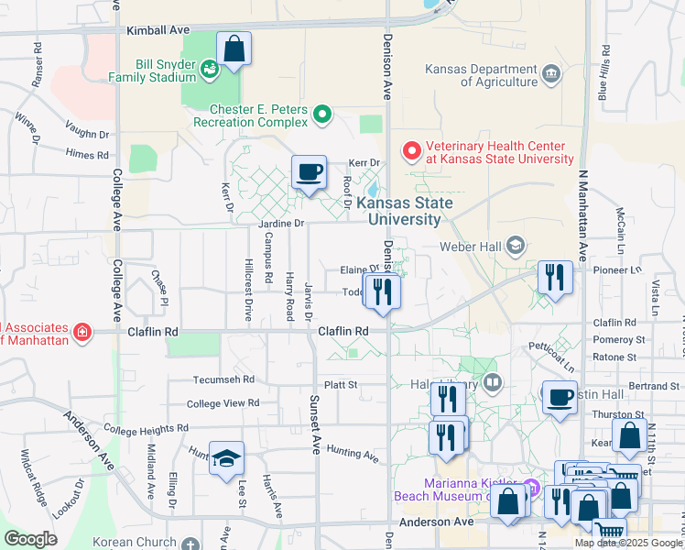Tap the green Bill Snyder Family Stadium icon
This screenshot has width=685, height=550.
[x=210, y=68]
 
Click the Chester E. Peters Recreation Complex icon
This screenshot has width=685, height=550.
[x=321, y=115]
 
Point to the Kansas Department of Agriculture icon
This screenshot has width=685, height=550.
[x=550, y=73]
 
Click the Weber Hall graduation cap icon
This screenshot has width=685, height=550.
[x=516, y=245]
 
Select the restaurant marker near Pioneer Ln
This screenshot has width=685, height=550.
[x=555, y=277]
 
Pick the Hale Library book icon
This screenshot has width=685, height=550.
[x=493, y=382]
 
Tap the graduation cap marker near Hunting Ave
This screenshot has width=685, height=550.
[x=225, y=459]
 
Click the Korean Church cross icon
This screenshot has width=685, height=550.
[x=190, y=544]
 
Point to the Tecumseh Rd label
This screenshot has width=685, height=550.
[x=223, y=379]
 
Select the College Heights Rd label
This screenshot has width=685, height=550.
[x=146, y=428]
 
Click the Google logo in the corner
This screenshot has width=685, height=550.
[x=30, y=539]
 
